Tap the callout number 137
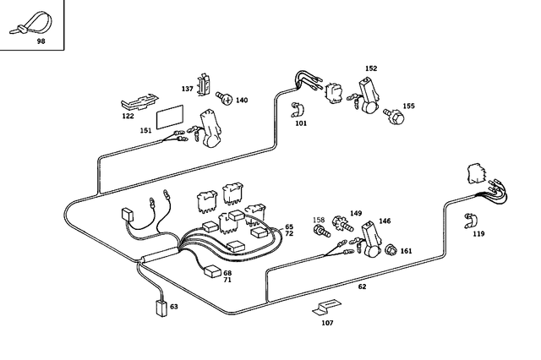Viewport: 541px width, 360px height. (187, 87)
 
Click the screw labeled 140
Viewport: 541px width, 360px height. (223, 99)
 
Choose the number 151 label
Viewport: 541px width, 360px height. (145, 130)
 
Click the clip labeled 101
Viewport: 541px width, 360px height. (298, 110)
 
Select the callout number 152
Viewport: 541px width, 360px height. (370, 68)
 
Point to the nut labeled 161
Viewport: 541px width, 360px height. (391, 250)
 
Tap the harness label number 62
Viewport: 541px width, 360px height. (362, 287)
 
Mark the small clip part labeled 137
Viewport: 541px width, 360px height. (204, 84)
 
